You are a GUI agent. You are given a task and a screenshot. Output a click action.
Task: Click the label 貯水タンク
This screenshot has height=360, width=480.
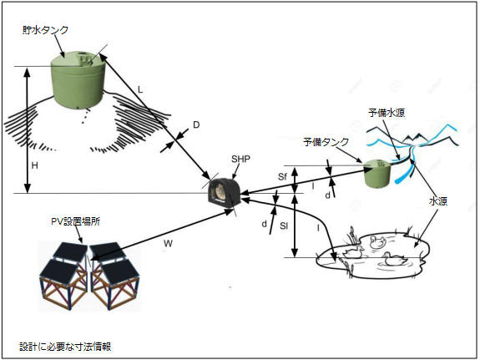pyautogui.click(x=45, y=30)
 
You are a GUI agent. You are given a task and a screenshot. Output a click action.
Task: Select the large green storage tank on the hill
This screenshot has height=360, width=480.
pyautogui.click(x=78, y=79)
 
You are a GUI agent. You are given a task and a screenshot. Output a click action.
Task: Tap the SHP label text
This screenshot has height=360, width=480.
pyautogui.click(x=240, y=159)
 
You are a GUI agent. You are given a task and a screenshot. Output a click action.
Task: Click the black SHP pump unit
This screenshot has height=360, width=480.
pyautogui.click(x=224, y=193)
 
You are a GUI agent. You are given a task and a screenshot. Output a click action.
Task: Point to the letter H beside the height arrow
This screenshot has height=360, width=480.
pyautogui.click(x=34, y=165)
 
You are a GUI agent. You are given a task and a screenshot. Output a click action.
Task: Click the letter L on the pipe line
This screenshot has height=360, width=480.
pyautogui.click(x=140, y=89)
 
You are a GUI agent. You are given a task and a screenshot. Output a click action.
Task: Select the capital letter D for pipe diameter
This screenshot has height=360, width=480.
pyautogui.click(x=196, y=124)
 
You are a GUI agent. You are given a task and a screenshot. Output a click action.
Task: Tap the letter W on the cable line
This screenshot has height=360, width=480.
pyautogui.click(x=168, y=244)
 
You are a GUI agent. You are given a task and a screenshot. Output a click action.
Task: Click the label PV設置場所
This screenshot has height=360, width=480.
pyautogui.click(x=76, y=221)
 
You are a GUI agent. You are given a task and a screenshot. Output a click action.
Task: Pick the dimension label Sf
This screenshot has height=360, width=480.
pyautogui.click(x=282, y=177)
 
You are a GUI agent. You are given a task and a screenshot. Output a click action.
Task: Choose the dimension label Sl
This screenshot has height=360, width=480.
pyautogui.click(x=284, y=226)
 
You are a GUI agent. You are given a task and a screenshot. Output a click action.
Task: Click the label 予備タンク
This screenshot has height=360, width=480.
pyautogui.click(x=326, y=142)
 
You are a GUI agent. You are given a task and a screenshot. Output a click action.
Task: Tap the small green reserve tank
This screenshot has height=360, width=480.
pyautogui.click(x=377, y=173)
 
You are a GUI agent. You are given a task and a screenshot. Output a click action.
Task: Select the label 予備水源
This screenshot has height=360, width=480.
pyautogui.click(x=387, y=113)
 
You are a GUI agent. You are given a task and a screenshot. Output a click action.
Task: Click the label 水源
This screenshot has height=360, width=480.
pyautogui.click(x=438, y=201)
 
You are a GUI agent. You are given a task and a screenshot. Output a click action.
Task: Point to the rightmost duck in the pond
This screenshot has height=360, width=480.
pyautogui.click(x=395, y=260)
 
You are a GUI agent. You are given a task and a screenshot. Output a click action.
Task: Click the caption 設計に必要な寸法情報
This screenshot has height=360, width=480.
pyautogui.click(x=65, y=347)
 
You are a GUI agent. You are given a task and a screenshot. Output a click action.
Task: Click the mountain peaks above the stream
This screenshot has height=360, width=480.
pyautogui.click(x=417, y=138)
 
